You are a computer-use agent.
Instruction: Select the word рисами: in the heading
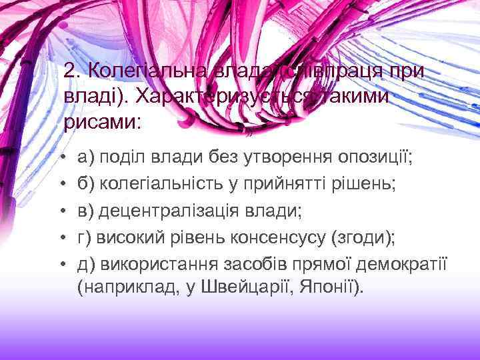(x=103, y=122)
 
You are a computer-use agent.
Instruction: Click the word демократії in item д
(x=406, y=264)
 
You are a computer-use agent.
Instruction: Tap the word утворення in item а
(x=269, y=157)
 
